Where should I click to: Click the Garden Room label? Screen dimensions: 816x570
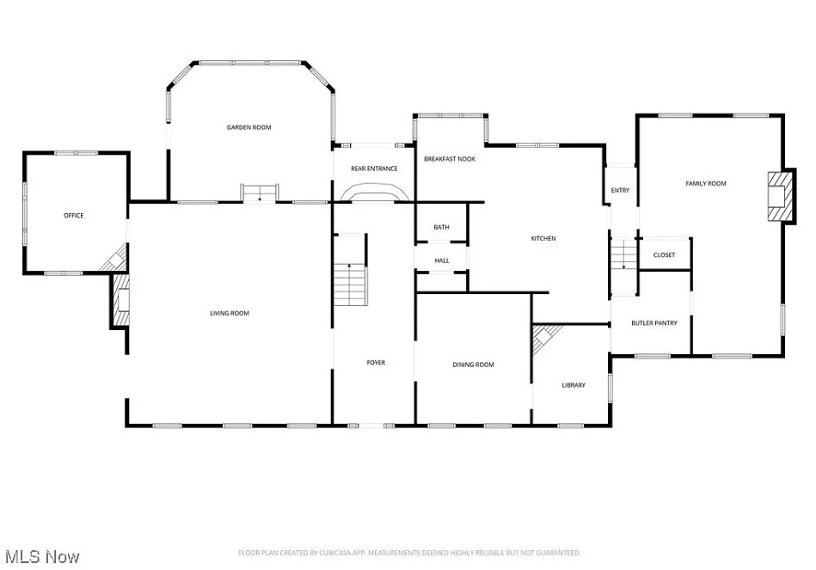248,127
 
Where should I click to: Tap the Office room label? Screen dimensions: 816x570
73,216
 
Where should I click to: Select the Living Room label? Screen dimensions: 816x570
230,313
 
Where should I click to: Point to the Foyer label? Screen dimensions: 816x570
376,362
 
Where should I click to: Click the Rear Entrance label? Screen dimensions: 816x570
374,169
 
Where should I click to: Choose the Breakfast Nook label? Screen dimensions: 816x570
450,159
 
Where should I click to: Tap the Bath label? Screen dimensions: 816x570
441,227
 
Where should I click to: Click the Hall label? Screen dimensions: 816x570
442,260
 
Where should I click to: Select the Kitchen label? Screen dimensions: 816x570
543,238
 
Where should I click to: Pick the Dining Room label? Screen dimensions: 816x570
473,365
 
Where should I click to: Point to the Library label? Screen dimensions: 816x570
574,385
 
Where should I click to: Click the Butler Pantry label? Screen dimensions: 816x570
654,323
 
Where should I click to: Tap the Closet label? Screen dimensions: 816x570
664,255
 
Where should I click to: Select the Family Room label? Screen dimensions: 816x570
706,184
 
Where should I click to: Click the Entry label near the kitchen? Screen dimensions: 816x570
620,191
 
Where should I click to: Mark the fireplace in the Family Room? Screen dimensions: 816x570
781,196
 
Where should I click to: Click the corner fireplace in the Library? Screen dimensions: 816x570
545,337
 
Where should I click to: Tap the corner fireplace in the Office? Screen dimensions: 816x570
115,258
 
